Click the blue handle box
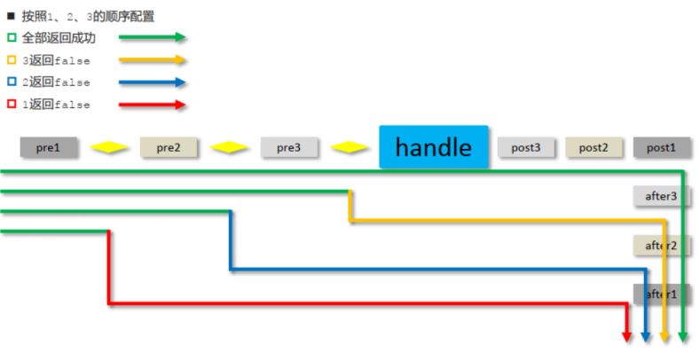point(434,146)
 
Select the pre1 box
point(49,147)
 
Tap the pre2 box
point(169,147)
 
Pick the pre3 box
point(288,147)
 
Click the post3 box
point(526,147)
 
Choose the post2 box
point(593,147)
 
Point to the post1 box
point(661,147)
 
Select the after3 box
point(661,196)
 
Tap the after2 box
point(661,245)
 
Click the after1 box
point(661,293)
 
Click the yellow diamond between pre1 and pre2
point(109,147)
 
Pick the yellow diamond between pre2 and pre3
point(229,147)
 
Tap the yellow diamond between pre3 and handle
point(349,147)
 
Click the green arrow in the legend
point(152,37)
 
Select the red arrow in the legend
point(152,105)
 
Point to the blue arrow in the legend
point(152,82)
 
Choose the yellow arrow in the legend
point(152,60)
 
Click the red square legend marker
point(12,105)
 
